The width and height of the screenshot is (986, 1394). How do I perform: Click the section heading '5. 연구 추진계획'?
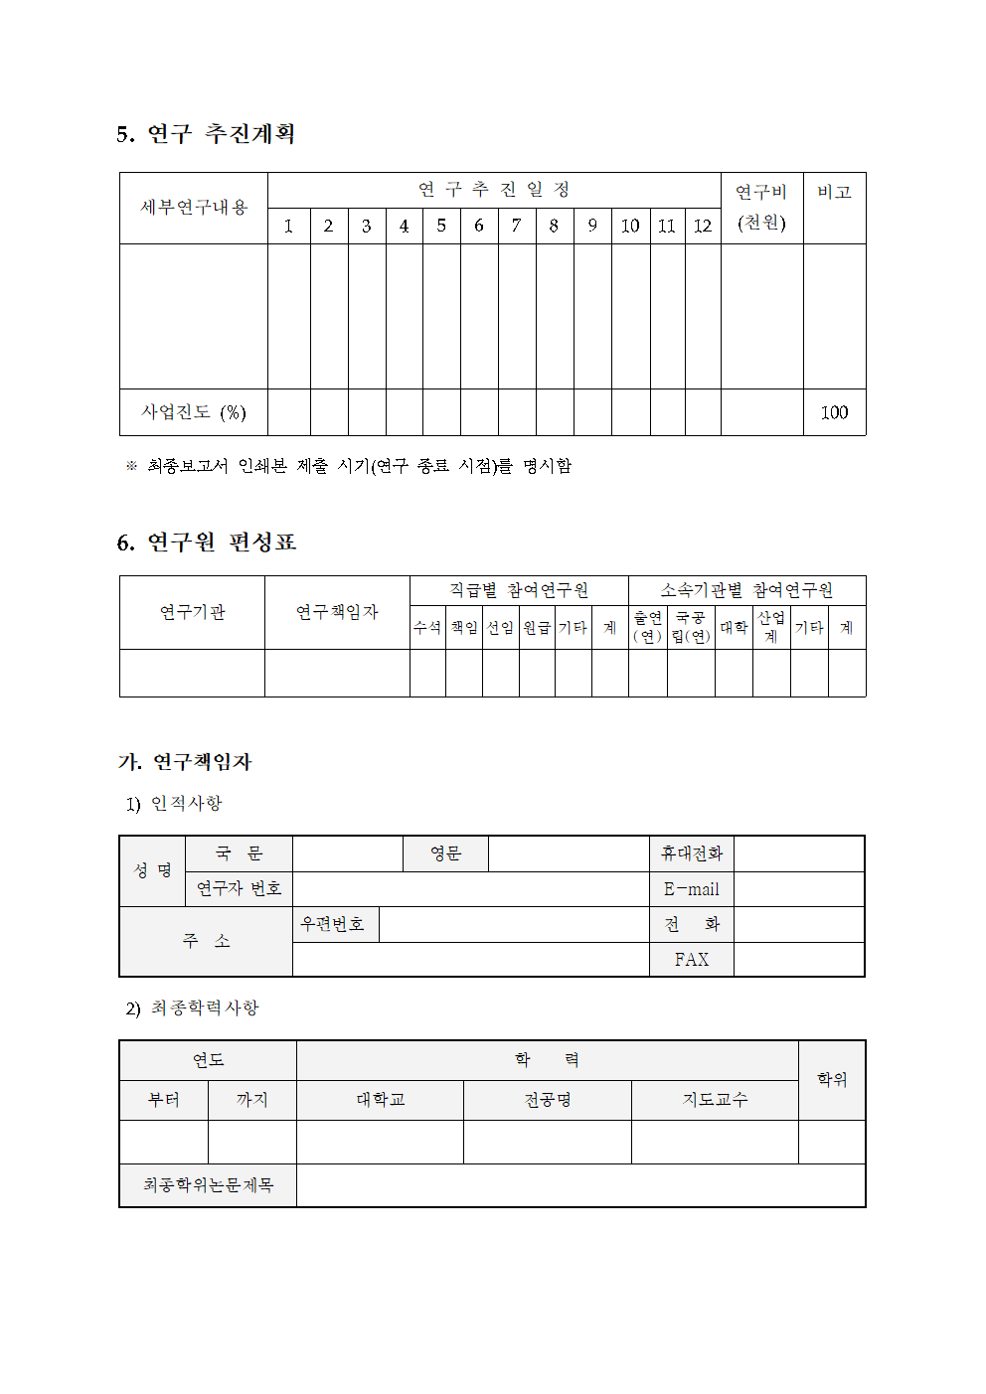pos(206,134)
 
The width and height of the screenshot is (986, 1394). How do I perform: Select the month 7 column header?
pos(516,226)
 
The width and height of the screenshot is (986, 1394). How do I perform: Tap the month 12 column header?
pos(703,226)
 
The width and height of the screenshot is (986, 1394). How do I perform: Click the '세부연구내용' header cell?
pos(194,208)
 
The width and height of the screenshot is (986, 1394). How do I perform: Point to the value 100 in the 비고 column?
pos(834,412)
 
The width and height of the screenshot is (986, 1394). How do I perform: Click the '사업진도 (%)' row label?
pos(194,412)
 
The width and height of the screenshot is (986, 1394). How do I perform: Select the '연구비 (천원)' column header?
pos(761,207)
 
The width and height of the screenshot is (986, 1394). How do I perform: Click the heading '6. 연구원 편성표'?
pos(207,542)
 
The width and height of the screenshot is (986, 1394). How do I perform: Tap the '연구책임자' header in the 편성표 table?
pos(337,612)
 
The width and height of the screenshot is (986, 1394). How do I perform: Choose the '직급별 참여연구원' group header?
pos(519,590)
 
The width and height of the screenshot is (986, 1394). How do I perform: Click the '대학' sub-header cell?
pos(734,628)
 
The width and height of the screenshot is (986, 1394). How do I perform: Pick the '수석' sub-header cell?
pos(427,628)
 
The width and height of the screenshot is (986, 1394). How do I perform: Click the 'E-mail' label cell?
pos(692,889)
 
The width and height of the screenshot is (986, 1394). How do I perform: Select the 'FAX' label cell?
pos(692,960)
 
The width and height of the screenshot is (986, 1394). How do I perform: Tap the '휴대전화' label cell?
pos(692,853)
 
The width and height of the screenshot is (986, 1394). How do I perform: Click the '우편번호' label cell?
pos(333,924)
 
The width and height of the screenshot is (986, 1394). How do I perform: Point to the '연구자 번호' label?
pos(239,888)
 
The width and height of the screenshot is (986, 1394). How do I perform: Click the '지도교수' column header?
pos(715,1100)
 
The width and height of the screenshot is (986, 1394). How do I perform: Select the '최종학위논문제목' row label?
pos(208,1185)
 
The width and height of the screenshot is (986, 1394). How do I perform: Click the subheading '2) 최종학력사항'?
pos(192,1008)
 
